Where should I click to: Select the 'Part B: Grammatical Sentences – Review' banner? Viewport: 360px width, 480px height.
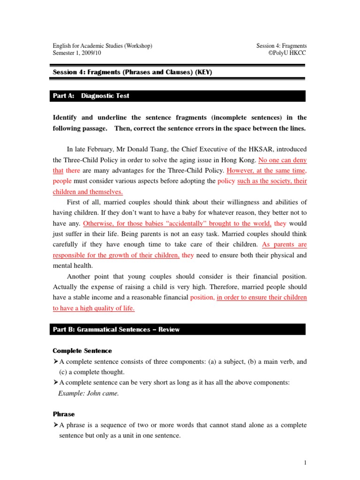116,330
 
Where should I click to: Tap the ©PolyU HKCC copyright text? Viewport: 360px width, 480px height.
287,53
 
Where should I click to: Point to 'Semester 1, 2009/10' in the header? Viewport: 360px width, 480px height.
76,53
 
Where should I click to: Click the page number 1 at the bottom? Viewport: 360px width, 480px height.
305,463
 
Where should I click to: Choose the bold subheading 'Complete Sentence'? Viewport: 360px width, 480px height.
82,351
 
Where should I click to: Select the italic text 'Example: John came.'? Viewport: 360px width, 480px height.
89,393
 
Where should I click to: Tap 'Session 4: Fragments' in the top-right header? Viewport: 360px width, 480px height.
281,46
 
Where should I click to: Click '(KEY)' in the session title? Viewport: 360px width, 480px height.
205,72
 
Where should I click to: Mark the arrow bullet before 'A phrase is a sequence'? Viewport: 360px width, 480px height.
55,425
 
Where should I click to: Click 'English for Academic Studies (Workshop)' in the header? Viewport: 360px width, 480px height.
102,46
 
